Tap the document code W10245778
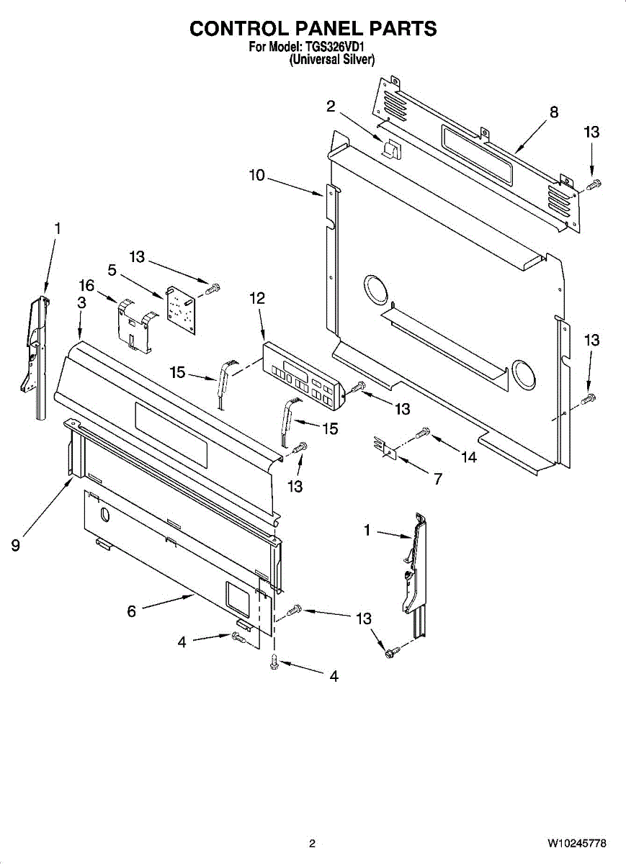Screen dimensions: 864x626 [x=576, y=843]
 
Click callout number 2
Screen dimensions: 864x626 [x=331, y=107]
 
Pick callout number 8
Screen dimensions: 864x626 [x=553, y=112]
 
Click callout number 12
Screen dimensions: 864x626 [x=257, y=297]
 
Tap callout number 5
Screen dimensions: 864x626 [x=112, y=270]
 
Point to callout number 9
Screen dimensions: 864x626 [x=15, y=545]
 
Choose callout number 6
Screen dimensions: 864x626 [x=131, y=611]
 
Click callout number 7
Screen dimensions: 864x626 [x=438, y=478]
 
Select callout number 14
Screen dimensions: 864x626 [x=469, y=456]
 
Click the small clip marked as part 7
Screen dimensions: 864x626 [x=385, y=448]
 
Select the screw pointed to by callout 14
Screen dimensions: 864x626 [x=423, y=433]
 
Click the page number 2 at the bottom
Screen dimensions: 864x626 [x=312, y=843]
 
